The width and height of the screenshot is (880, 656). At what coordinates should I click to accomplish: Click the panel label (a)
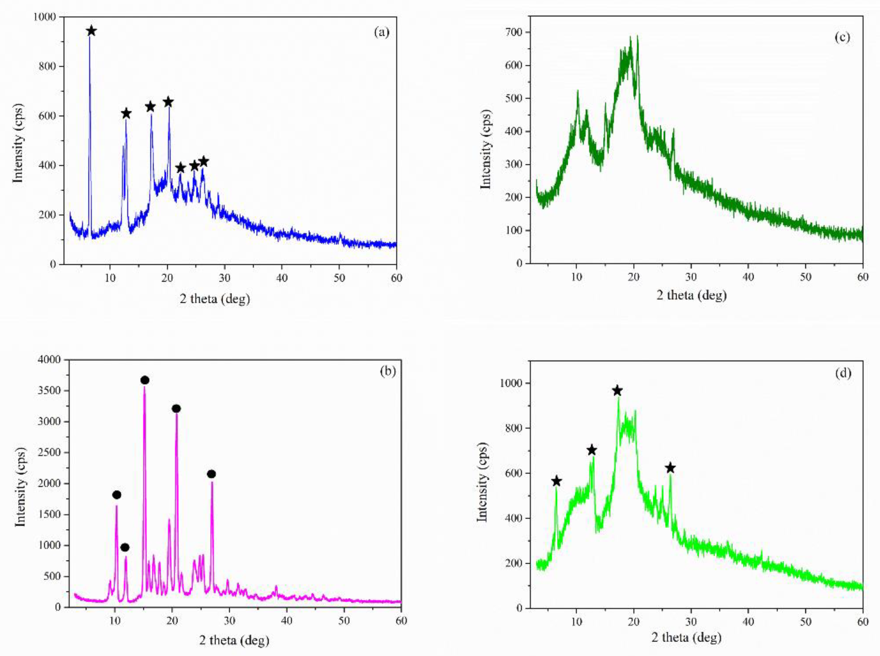click(381, 32)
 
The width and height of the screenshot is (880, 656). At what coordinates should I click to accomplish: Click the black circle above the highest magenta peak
click(145, 380)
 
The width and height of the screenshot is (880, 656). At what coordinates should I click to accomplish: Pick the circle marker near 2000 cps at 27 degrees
click(211, 474)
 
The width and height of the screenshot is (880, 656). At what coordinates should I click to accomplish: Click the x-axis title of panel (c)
click(692, 295)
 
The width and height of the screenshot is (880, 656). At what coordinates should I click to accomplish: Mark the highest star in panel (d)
click(617, 391)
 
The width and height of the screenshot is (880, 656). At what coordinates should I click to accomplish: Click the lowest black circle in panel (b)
click(125, 548)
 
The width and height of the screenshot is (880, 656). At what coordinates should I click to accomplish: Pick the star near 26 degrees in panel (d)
click(670, 468)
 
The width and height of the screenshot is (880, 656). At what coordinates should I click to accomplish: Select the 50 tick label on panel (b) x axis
click(344, 620)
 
